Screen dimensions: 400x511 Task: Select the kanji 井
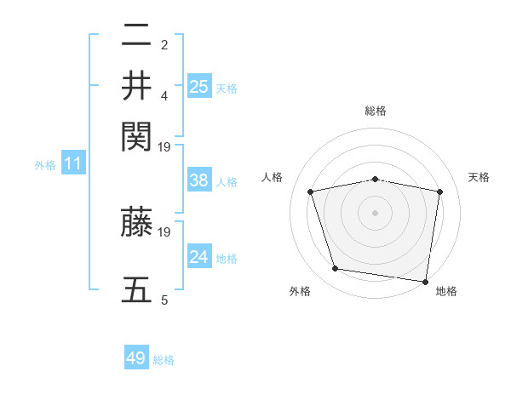tap(136, 85)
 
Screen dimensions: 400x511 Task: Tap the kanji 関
tap(136, 135)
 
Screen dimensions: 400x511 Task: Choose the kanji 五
tap(136, 289)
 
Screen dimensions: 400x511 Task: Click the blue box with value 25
tap(199, 86)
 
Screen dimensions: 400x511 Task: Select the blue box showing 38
tap(199, 180)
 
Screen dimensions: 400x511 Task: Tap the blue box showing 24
tap(199, 256)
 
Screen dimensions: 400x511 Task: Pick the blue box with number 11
tap(73, 163)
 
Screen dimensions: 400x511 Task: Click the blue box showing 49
tap(136, 358)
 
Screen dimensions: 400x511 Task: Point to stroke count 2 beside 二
tap(164, 44)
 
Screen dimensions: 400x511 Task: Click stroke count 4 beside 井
tap(164, 95)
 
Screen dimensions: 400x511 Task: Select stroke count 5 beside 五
tap(164, 300)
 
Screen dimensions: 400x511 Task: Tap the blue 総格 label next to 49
tap(164, 360)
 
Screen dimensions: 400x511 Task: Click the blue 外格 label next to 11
tap(44, 165)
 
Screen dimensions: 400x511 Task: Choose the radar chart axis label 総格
tap(376, 111)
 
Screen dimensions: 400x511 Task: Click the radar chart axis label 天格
tap(479, 177)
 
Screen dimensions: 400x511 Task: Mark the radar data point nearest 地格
tap(426, 281)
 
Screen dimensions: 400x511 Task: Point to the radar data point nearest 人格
tap(311, 191)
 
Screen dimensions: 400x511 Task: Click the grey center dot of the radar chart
tap(376, 212)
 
